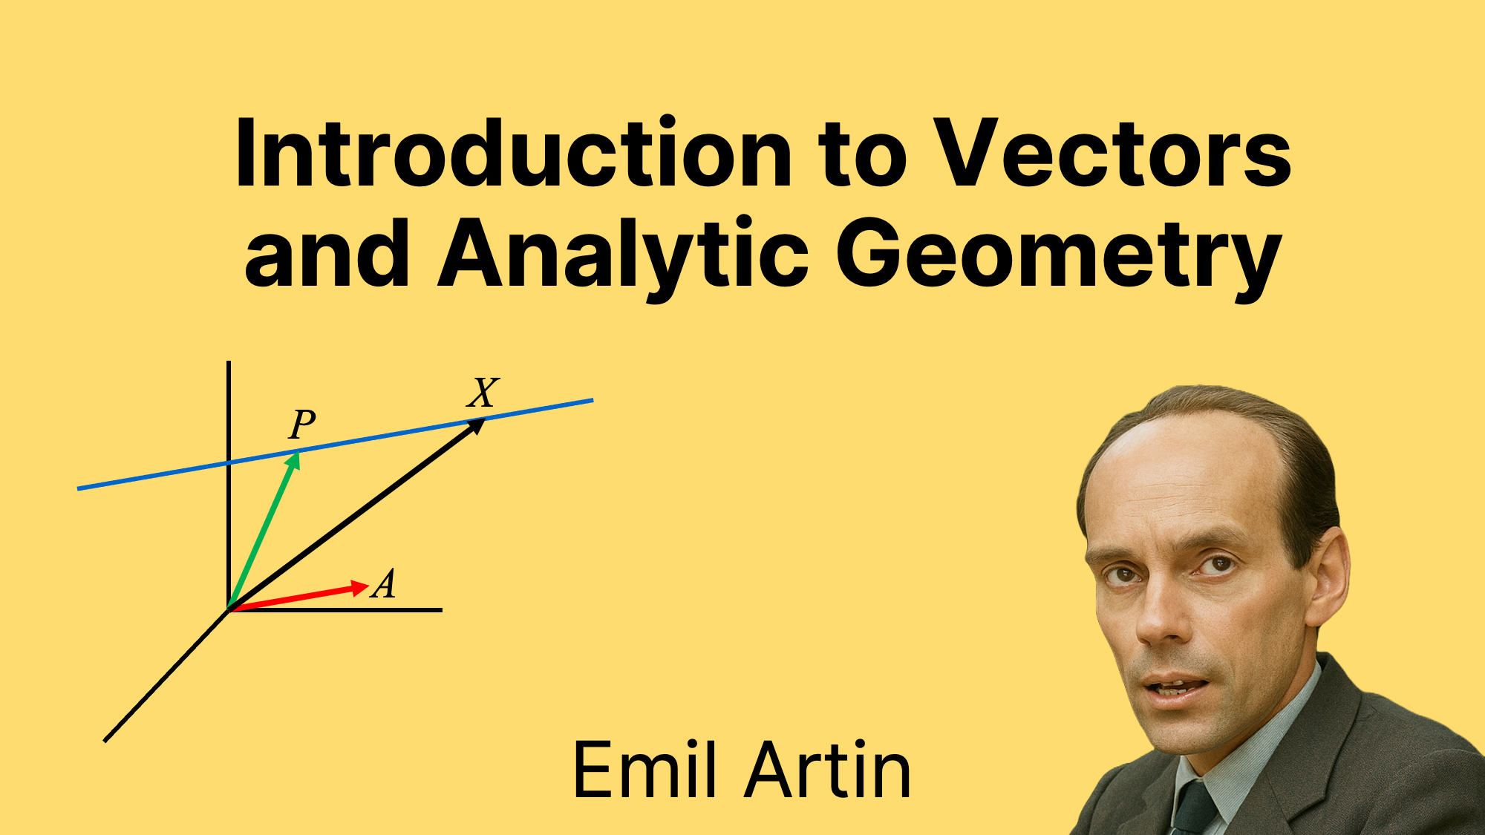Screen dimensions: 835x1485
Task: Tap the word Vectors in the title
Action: click(x=1112, y=154)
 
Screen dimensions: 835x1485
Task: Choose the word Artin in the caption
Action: click(x=827, y=770)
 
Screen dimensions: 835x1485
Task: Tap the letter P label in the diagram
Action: click(x=302, y=425)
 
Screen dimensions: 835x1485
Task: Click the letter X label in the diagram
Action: click(x=483, y=392)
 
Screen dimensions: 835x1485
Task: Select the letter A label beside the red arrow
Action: click(x=385, y=583)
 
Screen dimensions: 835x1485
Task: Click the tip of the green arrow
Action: click(x=297, y=454)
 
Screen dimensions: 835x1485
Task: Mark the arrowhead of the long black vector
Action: click(x=481, y=422)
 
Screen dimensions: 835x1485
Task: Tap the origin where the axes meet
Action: click(x=229, y=610)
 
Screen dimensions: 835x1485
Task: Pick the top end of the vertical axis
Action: click(x=229, y=364)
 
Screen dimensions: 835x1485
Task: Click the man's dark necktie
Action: click(x=1194, y=809)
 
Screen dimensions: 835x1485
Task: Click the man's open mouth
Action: click(x=1177, y=687)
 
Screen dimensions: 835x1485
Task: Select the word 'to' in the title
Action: click(x=862, y=154)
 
